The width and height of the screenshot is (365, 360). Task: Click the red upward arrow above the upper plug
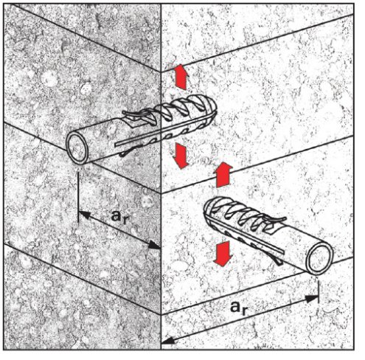[x=181, y=77]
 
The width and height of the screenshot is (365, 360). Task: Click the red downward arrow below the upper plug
[x=181, y=156]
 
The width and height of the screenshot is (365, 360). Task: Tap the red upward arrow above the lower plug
[x=223, y=175]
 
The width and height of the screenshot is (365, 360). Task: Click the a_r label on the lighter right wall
[x=238, y=308]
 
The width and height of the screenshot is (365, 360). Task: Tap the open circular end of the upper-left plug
[x=77, y=148]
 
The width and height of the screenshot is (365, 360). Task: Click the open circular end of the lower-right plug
[x=320, y=258]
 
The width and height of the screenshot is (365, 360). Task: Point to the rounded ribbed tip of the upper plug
[x=211, y=108]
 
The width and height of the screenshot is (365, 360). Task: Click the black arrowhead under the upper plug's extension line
[x=84, y=215]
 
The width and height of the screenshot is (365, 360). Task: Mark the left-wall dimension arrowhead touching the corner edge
[x=154, y=245]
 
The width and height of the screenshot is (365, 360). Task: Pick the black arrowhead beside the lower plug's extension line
[x=312, y=299]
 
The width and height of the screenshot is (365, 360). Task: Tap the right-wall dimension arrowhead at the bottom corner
[x=168, y=340]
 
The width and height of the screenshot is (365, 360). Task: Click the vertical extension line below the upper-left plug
[x=78, y=198]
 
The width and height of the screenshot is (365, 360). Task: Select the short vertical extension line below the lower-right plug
[x=319, y=292]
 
